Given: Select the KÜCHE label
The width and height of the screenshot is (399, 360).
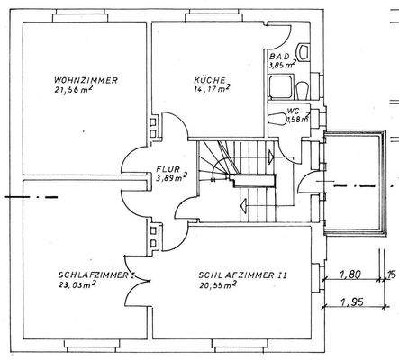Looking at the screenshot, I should click(209, 79).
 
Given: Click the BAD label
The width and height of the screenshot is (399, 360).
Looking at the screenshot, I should click(278, 57).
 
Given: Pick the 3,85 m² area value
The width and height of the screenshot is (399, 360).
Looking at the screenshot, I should click(284, 66).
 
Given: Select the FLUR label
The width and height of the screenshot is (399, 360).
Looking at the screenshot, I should click(168, 168).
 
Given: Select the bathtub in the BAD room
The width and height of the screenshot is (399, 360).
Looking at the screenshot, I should click(285, 87).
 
